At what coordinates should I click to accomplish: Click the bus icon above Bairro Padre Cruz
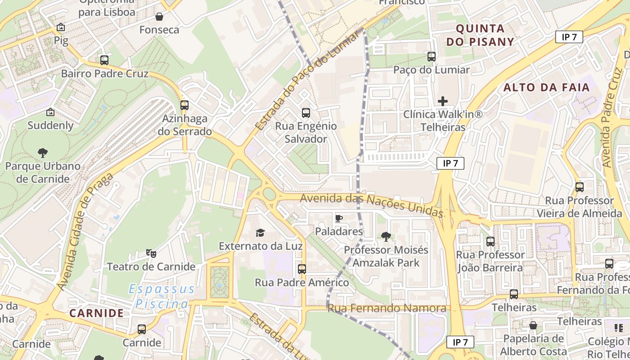point(104,60)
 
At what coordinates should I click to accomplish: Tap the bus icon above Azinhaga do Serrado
point(184,105)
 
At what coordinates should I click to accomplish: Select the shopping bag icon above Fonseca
point(159,17)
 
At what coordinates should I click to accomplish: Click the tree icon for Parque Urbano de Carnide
point(43,153)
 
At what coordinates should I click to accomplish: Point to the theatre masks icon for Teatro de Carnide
point(151,253)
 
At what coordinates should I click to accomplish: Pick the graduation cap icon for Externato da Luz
point(261,233)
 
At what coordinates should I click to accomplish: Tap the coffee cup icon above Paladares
point(339,218)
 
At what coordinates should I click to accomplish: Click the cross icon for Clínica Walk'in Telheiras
point(443,101)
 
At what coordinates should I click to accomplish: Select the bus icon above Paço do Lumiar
point(432,56)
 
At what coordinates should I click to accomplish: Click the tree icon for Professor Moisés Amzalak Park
point(386,236)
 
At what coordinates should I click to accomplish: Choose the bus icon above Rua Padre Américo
point(302,269)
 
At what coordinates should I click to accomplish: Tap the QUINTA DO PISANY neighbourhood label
point(485,35)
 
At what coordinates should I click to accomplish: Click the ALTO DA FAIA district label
point(546,87)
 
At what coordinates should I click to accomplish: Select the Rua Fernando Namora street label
point(387,308)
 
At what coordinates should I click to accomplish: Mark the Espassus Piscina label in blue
point(162,296)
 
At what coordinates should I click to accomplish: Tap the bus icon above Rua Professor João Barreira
point(490,242)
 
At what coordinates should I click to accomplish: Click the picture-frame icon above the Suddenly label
point(50,112)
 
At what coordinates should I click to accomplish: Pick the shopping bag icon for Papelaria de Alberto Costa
point(533,325)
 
